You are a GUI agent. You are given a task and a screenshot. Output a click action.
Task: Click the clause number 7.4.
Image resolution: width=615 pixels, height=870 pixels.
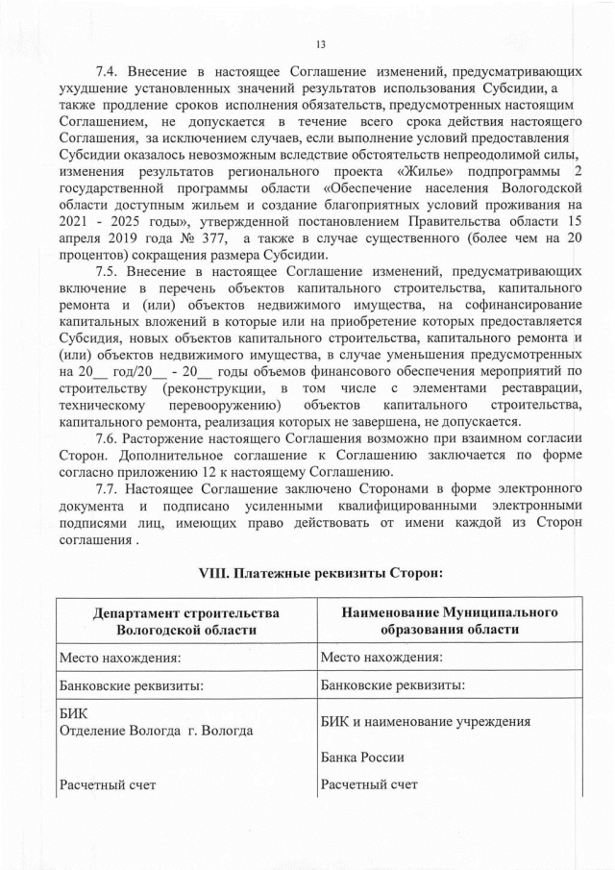[x=111, y=71]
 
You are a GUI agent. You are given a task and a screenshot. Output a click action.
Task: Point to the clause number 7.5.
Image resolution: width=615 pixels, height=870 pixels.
[x=111, y=274]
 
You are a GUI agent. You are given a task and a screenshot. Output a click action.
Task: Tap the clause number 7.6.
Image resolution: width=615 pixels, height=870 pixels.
[x=111, y=437]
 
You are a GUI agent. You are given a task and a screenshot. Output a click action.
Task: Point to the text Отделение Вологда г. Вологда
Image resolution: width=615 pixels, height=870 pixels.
[x=156, y=731]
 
